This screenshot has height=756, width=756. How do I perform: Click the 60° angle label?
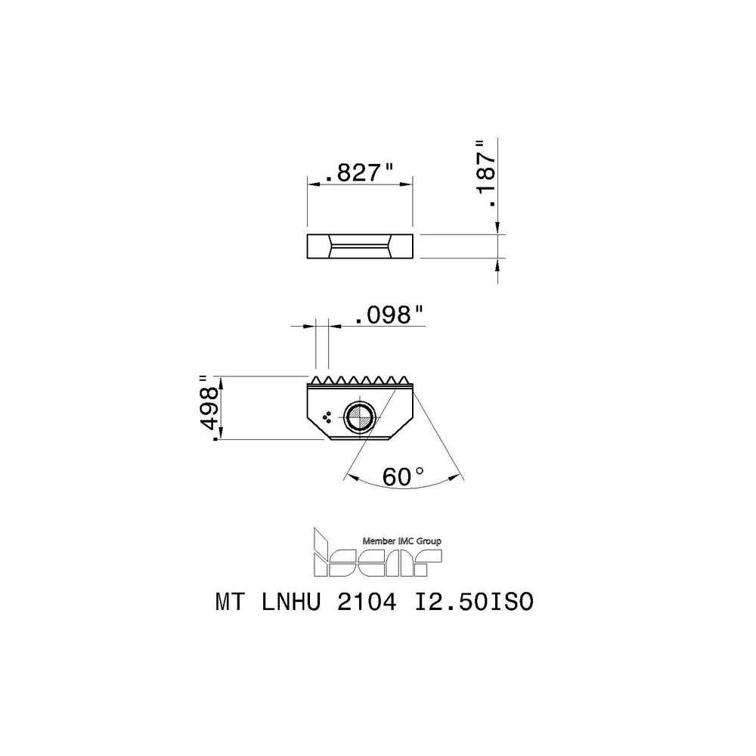coord(403,476)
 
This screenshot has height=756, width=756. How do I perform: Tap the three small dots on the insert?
coord(327,417)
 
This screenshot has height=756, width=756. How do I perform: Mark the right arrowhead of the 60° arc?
coord(458,476)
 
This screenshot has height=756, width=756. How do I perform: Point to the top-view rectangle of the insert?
coord(359,246)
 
